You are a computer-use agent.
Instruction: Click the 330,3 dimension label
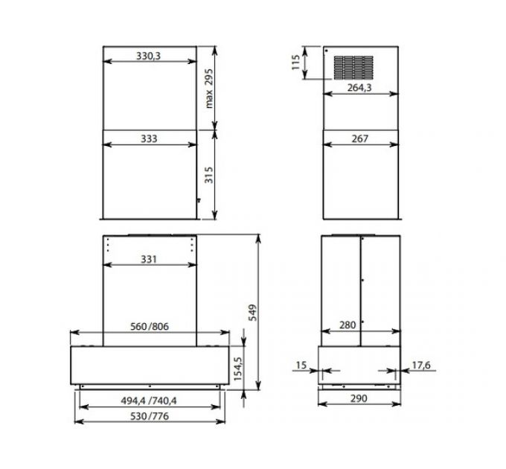coord(149,56)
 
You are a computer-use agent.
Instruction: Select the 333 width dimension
coord(149,138)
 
